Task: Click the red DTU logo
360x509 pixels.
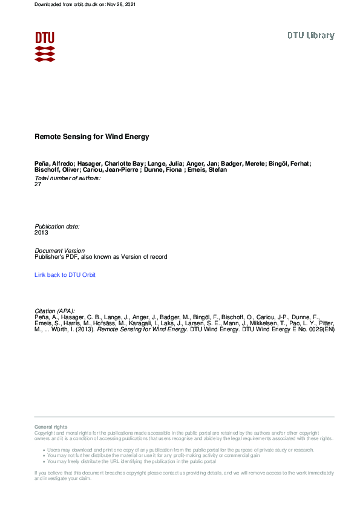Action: click(x=45, y=46)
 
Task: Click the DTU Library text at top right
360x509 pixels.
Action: click(x=310, y=36)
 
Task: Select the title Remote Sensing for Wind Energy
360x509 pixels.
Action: click(x=91, y=137)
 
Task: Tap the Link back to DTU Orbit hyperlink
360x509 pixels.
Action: click(x=65, y=275)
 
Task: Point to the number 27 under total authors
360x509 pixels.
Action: click(x=39, y=184)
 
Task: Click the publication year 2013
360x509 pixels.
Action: click(x=42, y=232)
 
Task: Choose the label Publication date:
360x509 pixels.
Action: click(x=57, y=226)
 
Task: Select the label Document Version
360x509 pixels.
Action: click(x=60, y=250)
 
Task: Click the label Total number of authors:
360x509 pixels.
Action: click(x=68, y=178)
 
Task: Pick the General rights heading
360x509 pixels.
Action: click(x=51, y=427)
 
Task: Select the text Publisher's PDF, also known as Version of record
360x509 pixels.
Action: click(x=101, y=257)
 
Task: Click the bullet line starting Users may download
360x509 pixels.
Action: click(x=180, y=450)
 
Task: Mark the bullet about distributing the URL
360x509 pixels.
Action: click(x=131, y=461)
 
